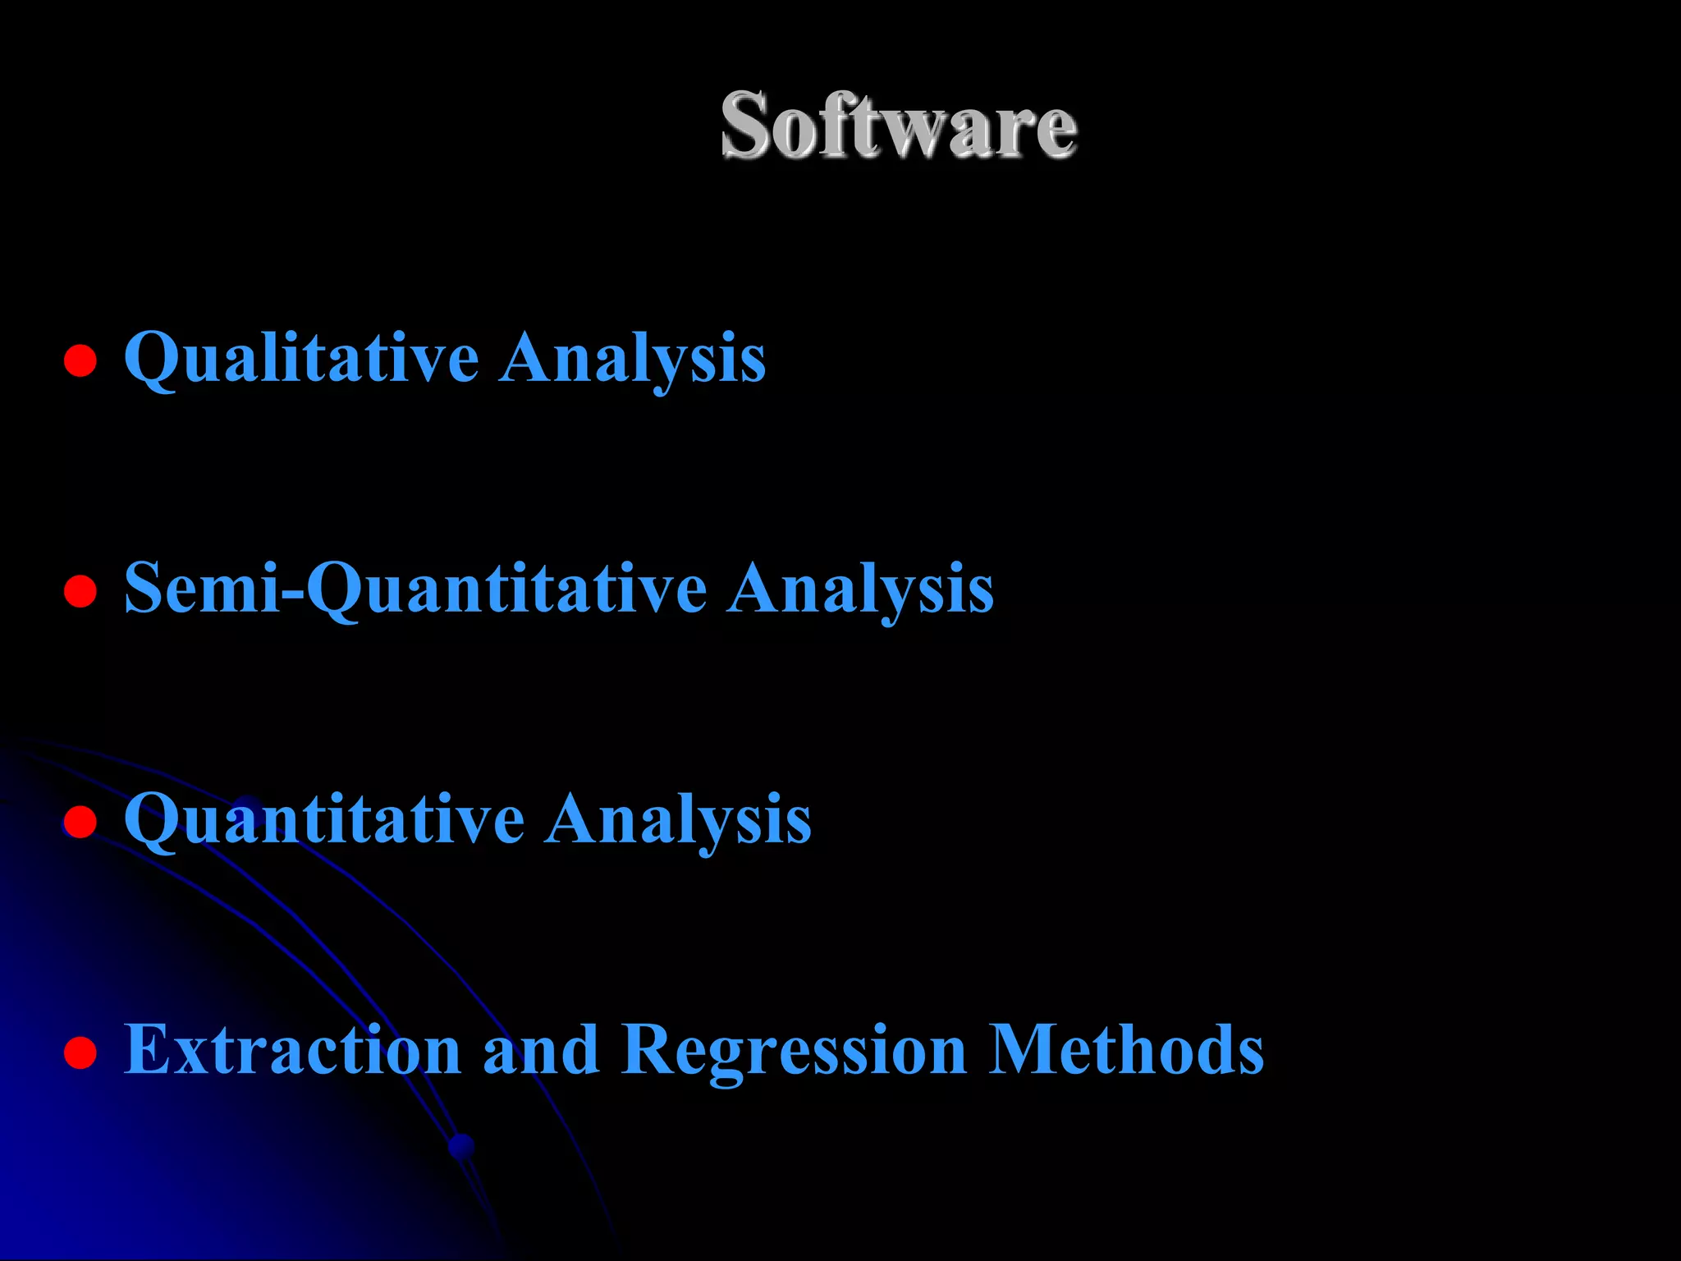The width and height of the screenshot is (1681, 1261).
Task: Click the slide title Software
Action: tap(898, 125)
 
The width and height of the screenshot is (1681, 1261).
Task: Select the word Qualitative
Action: tap(301, 358)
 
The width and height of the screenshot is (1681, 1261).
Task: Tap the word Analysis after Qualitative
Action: tap(632, 358)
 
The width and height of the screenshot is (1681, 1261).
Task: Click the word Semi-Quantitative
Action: tap(415, 589)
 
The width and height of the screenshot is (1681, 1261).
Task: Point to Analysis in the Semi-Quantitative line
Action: tap(860, 589)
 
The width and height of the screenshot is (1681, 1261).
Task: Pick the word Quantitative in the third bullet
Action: tap(323, 819)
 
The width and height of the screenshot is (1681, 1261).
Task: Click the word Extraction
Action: tap(292, 1050)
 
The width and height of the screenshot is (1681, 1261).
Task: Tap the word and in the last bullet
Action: tap(540, 1050)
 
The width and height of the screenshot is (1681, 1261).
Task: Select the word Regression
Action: tap(794, 1050)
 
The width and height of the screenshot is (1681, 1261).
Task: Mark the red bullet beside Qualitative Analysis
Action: tap(80, 360)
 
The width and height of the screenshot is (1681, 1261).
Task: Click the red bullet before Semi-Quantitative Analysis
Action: tap(80, 590)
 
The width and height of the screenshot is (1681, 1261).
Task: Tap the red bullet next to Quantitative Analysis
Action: tap(80, 821)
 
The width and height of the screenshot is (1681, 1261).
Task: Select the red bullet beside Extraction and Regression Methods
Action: tap(80, 1052)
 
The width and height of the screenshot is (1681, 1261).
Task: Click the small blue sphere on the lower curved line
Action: tap(462, 1146)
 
